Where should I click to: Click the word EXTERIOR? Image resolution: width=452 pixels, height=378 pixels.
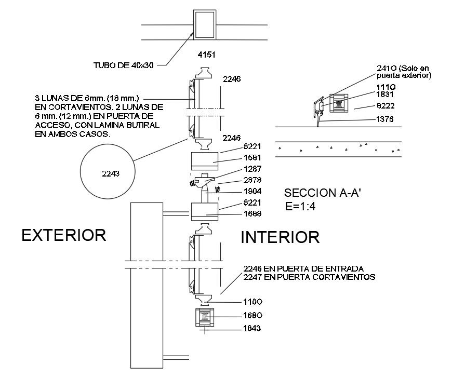click(x=64, y=235)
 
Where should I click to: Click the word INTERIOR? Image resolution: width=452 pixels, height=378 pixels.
click(x=280, y=237)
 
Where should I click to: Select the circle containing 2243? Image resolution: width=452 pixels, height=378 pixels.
click(x=108, y=171)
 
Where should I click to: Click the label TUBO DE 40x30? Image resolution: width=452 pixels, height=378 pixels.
click(x=123, y=65)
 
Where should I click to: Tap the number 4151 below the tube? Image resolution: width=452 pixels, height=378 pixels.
click(x=206, y=55)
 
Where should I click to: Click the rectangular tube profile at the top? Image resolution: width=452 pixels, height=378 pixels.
click(x=205, y=24)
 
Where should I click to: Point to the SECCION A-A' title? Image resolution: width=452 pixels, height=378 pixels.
click(x=323, y=193)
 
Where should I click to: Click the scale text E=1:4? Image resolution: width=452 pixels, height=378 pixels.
click(x=300, y=207)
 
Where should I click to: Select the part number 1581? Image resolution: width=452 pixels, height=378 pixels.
click(x=252, y=158)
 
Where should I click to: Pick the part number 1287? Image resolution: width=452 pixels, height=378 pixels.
click(x=252, y=169)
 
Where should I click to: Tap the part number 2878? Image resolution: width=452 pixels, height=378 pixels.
click(x=252, y=180)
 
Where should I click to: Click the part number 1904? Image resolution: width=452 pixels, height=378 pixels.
click(x=252, y=191)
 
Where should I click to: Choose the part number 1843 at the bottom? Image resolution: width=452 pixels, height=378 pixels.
click(x=252, y=328)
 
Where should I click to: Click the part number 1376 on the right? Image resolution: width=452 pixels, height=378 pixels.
click(x=385, y=119)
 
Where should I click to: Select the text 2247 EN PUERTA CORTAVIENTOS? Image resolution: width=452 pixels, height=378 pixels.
click(x=309, y=277)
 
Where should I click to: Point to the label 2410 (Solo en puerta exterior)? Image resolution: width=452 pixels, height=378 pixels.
click(x=404, y=72)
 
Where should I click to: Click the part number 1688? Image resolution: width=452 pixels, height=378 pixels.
click(x=252, y=213)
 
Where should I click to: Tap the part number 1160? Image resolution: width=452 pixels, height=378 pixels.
click(x=252, y=302)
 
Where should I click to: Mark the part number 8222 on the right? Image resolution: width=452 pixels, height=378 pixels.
click(x=385, y=106)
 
